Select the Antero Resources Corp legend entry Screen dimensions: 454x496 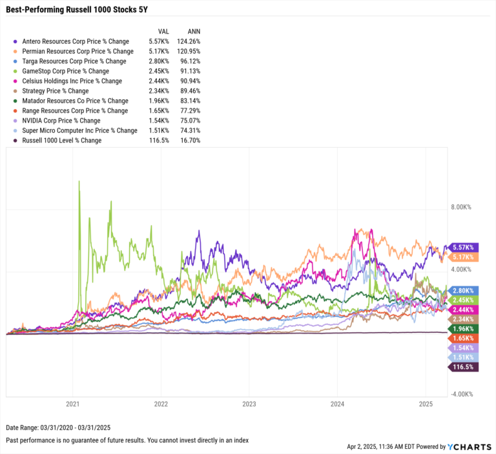coord(76,41)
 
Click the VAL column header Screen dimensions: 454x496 coord(163,31)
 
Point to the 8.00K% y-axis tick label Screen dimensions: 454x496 coord(462,207)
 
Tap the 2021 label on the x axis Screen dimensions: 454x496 coord(73,405)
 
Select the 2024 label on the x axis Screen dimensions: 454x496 coord(336,405)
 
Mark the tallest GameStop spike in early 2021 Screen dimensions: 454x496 coord(79,182)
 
